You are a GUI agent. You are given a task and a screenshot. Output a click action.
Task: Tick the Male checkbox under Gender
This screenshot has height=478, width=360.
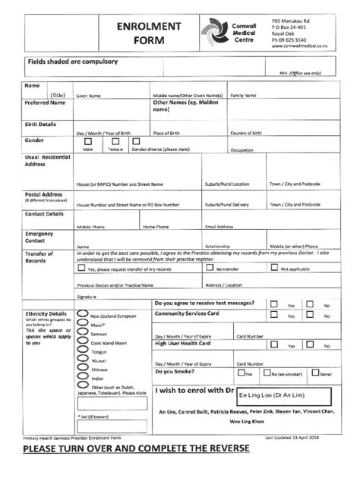point(88,141)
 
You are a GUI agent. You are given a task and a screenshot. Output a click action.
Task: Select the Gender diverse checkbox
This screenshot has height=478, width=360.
point(137,141)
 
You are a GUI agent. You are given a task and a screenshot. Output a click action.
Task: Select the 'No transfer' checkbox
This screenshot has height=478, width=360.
point(210,269)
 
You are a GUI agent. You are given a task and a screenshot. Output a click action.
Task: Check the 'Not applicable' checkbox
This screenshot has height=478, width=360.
point(276,269)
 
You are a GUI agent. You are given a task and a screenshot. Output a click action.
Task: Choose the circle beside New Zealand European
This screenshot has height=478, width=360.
point(81,313)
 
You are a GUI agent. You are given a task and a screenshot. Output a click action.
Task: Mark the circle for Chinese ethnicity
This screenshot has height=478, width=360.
point(81,368)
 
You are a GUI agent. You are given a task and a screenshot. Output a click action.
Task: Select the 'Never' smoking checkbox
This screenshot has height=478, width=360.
point(314,373)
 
